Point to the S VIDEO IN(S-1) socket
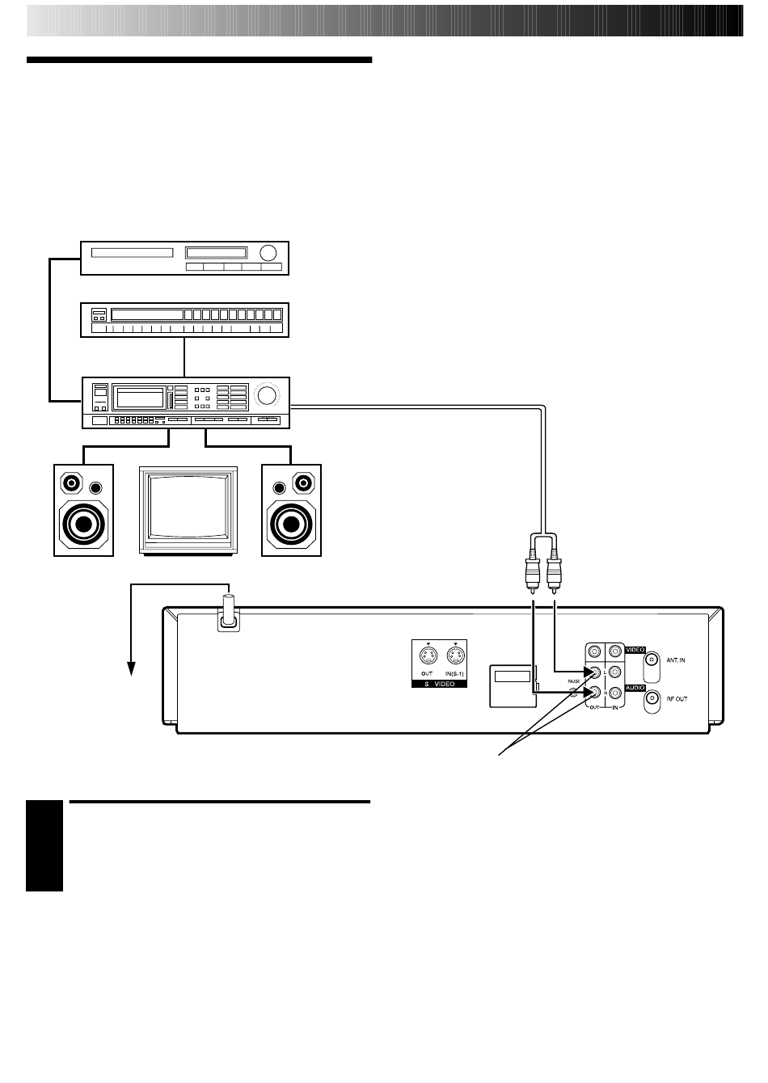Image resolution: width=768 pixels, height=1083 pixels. (456, 656)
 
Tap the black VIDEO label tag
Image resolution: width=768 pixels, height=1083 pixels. (634, 648)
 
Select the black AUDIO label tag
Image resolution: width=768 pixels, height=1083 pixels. (634, 687)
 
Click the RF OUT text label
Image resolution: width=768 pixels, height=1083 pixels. (677, 699)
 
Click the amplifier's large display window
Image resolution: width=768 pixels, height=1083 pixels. (139, 397)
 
